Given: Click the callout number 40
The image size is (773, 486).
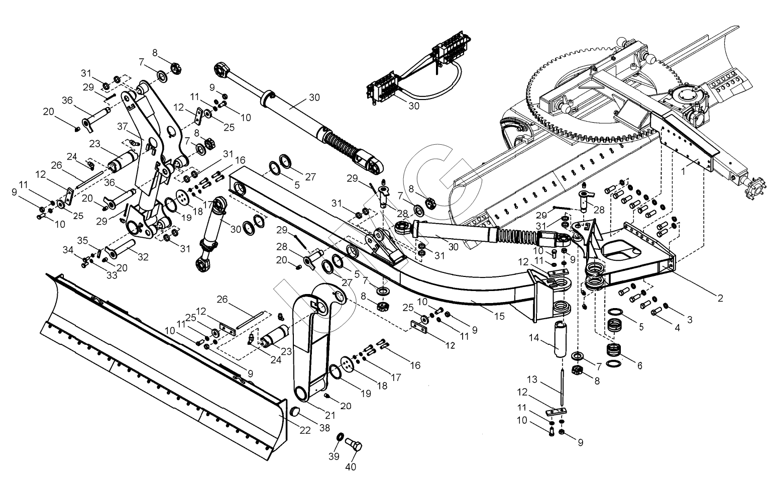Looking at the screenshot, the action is coord(351,467).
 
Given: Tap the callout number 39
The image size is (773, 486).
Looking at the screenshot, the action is coord(334,457).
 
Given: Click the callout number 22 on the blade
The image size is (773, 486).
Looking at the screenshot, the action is coord(305,430).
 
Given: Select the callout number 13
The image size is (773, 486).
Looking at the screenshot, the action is coord(532,379).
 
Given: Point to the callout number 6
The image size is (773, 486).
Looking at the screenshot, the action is coord(640,365).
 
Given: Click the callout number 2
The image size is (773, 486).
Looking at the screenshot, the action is coord(720,298).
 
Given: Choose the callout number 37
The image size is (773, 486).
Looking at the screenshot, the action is coord(123,127).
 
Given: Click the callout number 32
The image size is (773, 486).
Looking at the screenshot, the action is coord(143,257).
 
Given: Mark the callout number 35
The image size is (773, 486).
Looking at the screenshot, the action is coord(82,240).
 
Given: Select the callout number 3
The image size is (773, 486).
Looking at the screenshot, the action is coord(690,320).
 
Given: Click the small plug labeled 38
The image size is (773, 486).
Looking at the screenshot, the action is coord(294,412).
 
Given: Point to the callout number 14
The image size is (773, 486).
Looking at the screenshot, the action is coord(534,338).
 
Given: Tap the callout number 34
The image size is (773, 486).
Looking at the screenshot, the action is coord(68,250).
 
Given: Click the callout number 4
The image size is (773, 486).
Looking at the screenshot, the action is coord(677,328).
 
